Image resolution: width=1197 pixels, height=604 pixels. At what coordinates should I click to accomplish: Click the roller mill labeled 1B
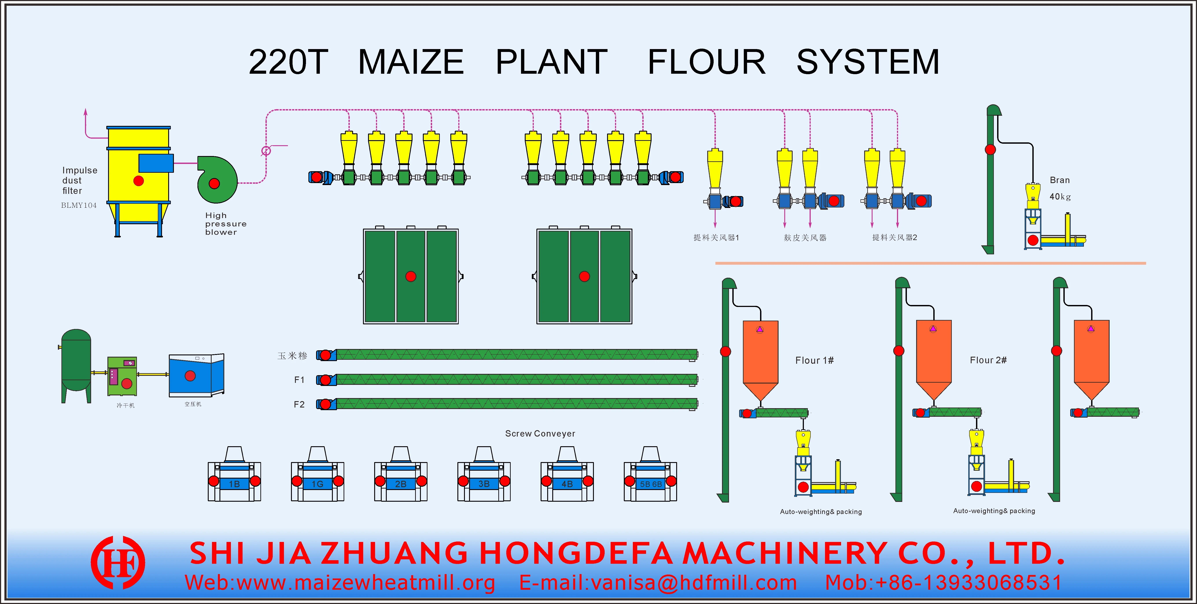tap(234, 476)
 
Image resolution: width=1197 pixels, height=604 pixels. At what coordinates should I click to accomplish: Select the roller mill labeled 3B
tap(484, 476)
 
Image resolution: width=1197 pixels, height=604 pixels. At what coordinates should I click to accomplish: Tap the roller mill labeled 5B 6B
tap(650, 476)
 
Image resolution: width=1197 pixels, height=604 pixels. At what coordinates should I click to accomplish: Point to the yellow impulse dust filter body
tap(138, 176)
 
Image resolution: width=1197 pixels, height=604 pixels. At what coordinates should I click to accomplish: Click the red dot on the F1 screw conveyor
tap(326, 380)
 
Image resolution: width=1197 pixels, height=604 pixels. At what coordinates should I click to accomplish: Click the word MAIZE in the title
tap(411, 62)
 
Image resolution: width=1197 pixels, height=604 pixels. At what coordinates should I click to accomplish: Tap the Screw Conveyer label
tap(540, 433)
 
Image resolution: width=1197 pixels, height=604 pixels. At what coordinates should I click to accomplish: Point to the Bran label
tap(1059, 180)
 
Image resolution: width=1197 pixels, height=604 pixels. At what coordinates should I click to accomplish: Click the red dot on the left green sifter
tap(410, 276)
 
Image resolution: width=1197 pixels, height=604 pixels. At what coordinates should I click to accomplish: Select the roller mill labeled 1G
tap(317, 476)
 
